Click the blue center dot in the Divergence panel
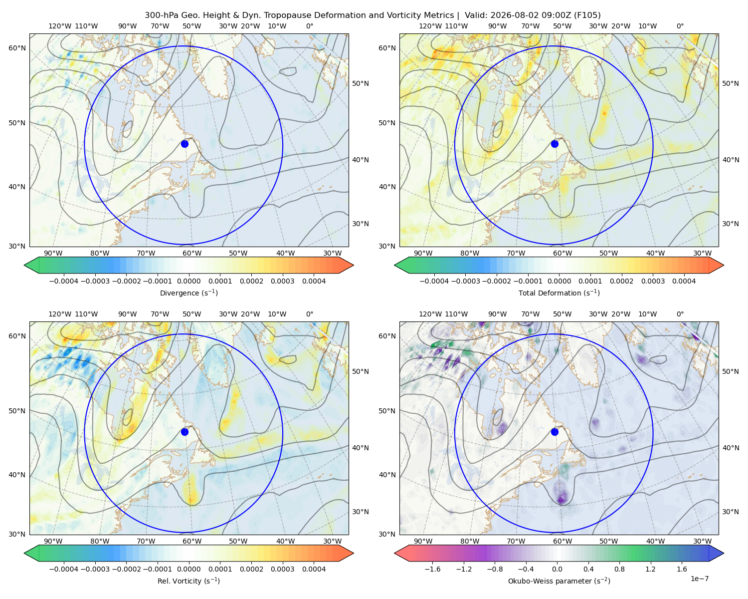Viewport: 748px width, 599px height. click(185, 144)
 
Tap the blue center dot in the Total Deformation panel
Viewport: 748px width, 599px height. click(555, 144)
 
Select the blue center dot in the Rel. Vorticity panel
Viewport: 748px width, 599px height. click(185, 432)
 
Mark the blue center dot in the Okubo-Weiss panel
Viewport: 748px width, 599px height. click(555, 432)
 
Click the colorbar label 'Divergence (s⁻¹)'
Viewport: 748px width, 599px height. click(188, 293)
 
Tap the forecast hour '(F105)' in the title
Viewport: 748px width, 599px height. click(587, 15)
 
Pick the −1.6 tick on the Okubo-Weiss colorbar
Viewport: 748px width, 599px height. click(432, 569)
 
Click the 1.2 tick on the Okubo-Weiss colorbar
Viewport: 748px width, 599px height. click(650, 569)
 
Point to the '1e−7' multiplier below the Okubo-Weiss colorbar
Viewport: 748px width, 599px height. click(699, 579)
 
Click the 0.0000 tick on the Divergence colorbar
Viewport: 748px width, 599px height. click(188, 281)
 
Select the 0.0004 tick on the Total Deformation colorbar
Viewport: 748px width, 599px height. click(684, 281)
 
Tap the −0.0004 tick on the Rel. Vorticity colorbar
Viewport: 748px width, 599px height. click(64, 569)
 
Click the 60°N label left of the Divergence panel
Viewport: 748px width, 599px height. click(17, 48)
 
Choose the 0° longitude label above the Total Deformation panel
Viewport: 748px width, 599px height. click(680, 26)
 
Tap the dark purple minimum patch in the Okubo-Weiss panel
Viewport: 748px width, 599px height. click(561, 500)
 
